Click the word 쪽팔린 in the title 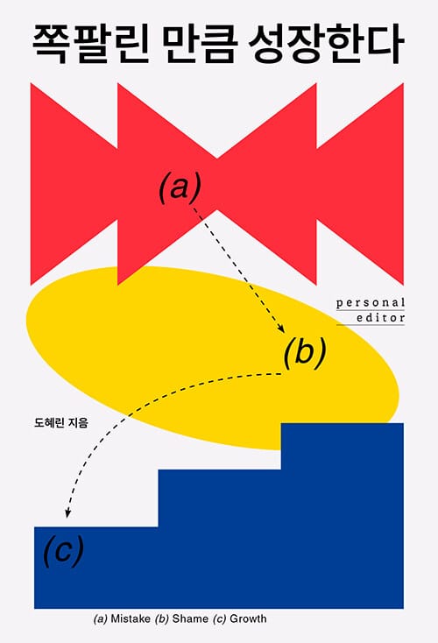(90, 45)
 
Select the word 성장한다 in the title (327, 45)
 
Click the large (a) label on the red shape (180, 188)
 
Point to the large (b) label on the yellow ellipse (305, 352)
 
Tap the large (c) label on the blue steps (63, 551)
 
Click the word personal (371, 303)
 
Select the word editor (380, 318)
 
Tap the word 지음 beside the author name (78, 422)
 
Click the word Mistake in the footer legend (131, 618)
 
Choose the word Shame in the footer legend (190, 618)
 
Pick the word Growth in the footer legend (248, 618)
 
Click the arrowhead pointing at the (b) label (281, 328)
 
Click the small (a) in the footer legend (101, 618)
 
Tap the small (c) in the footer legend (219, 618)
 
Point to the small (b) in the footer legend (162, 618)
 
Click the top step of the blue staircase (343, 446)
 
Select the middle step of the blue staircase (219, 498)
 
